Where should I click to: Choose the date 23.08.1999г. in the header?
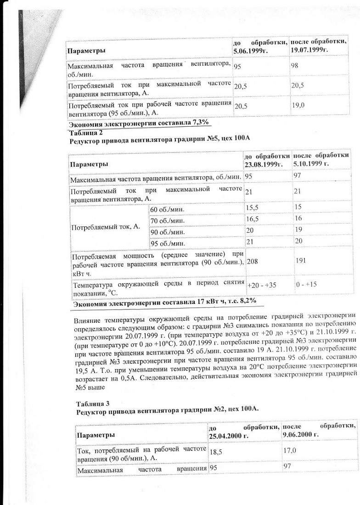[x=262, y=163]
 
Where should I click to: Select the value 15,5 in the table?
[x=253, y=208]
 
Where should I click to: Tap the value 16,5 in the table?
[x=253, y=219]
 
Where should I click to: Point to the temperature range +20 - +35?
[x=262, y=285]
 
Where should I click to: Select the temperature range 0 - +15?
[x=306, y=285]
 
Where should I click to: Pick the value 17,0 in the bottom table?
[x=290, y=450]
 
